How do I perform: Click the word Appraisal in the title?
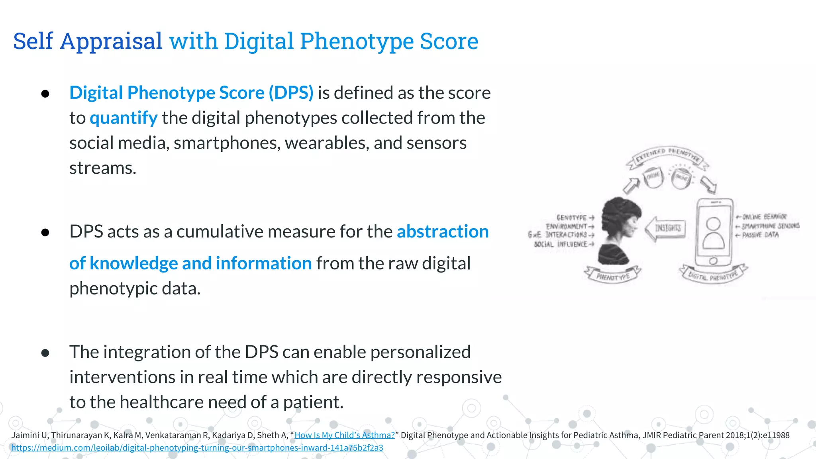111,41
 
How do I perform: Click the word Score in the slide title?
449,41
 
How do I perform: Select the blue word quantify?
124,118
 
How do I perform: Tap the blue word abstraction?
443,231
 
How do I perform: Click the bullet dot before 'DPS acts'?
45,232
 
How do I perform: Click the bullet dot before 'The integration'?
45,353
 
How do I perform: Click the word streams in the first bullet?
102,168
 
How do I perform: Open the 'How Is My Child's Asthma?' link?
344,435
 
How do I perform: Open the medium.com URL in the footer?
197,447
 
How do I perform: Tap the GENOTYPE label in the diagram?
572,218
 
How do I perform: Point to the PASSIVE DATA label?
760,235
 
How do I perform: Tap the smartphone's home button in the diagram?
713,261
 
